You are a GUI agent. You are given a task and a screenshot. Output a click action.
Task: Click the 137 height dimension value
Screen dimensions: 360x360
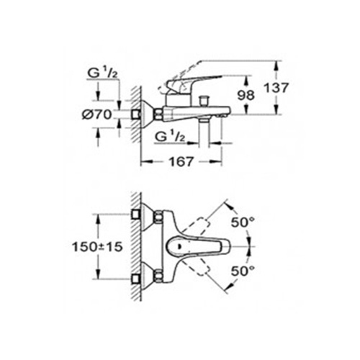click(276, 88)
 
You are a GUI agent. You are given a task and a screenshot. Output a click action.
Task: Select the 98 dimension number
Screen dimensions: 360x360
click(246, 95)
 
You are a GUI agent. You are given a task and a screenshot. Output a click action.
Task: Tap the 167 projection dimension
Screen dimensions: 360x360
click(181, 162)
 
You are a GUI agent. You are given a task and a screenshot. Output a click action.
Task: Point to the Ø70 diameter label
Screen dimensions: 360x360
click(96, 114)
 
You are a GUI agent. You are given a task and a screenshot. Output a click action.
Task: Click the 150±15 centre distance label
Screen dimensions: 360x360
click(97, 247)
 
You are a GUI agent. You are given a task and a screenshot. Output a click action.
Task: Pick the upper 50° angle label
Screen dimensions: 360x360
click(243, 222)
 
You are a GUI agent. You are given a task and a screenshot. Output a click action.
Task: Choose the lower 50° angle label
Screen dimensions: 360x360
click(243, 271)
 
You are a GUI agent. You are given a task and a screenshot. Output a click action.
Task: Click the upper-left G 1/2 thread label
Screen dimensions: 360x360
click(103, 73)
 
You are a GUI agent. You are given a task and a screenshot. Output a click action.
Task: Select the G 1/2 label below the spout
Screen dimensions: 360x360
click(170, 137)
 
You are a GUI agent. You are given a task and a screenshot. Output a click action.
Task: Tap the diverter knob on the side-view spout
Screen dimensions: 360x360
click(204, 100)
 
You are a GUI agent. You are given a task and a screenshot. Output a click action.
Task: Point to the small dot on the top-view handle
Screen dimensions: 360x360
click(179, 246)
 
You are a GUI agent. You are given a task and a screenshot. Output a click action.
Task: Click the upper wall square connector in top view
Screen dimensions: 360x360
click(136, 214)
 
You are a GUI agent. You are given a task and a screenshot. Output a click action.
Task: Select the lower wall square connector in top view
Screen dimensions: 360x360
click(136, 279)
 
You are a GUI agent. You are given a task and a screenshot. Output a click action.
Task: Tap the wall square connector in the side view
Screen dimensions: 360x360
click(136, 114)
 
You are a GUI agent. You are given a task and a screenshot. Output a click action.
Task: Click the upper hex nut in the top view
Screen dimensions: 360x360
click(158, 215)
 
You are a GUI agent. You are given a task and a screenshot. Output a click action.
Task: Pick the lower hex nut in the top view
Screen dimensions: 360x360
click(158, 276)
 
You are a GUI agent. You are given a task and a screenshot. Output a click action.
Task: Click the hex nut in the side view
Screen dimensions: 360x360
click(158, 114)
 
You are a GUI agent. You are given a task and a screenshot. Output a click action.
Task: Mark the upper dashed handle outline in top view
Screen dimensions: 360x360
click(197, 227)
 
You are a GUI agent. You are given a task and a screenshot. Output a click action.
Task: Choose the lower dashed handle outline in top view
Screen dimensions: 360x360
click(197, 266)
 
